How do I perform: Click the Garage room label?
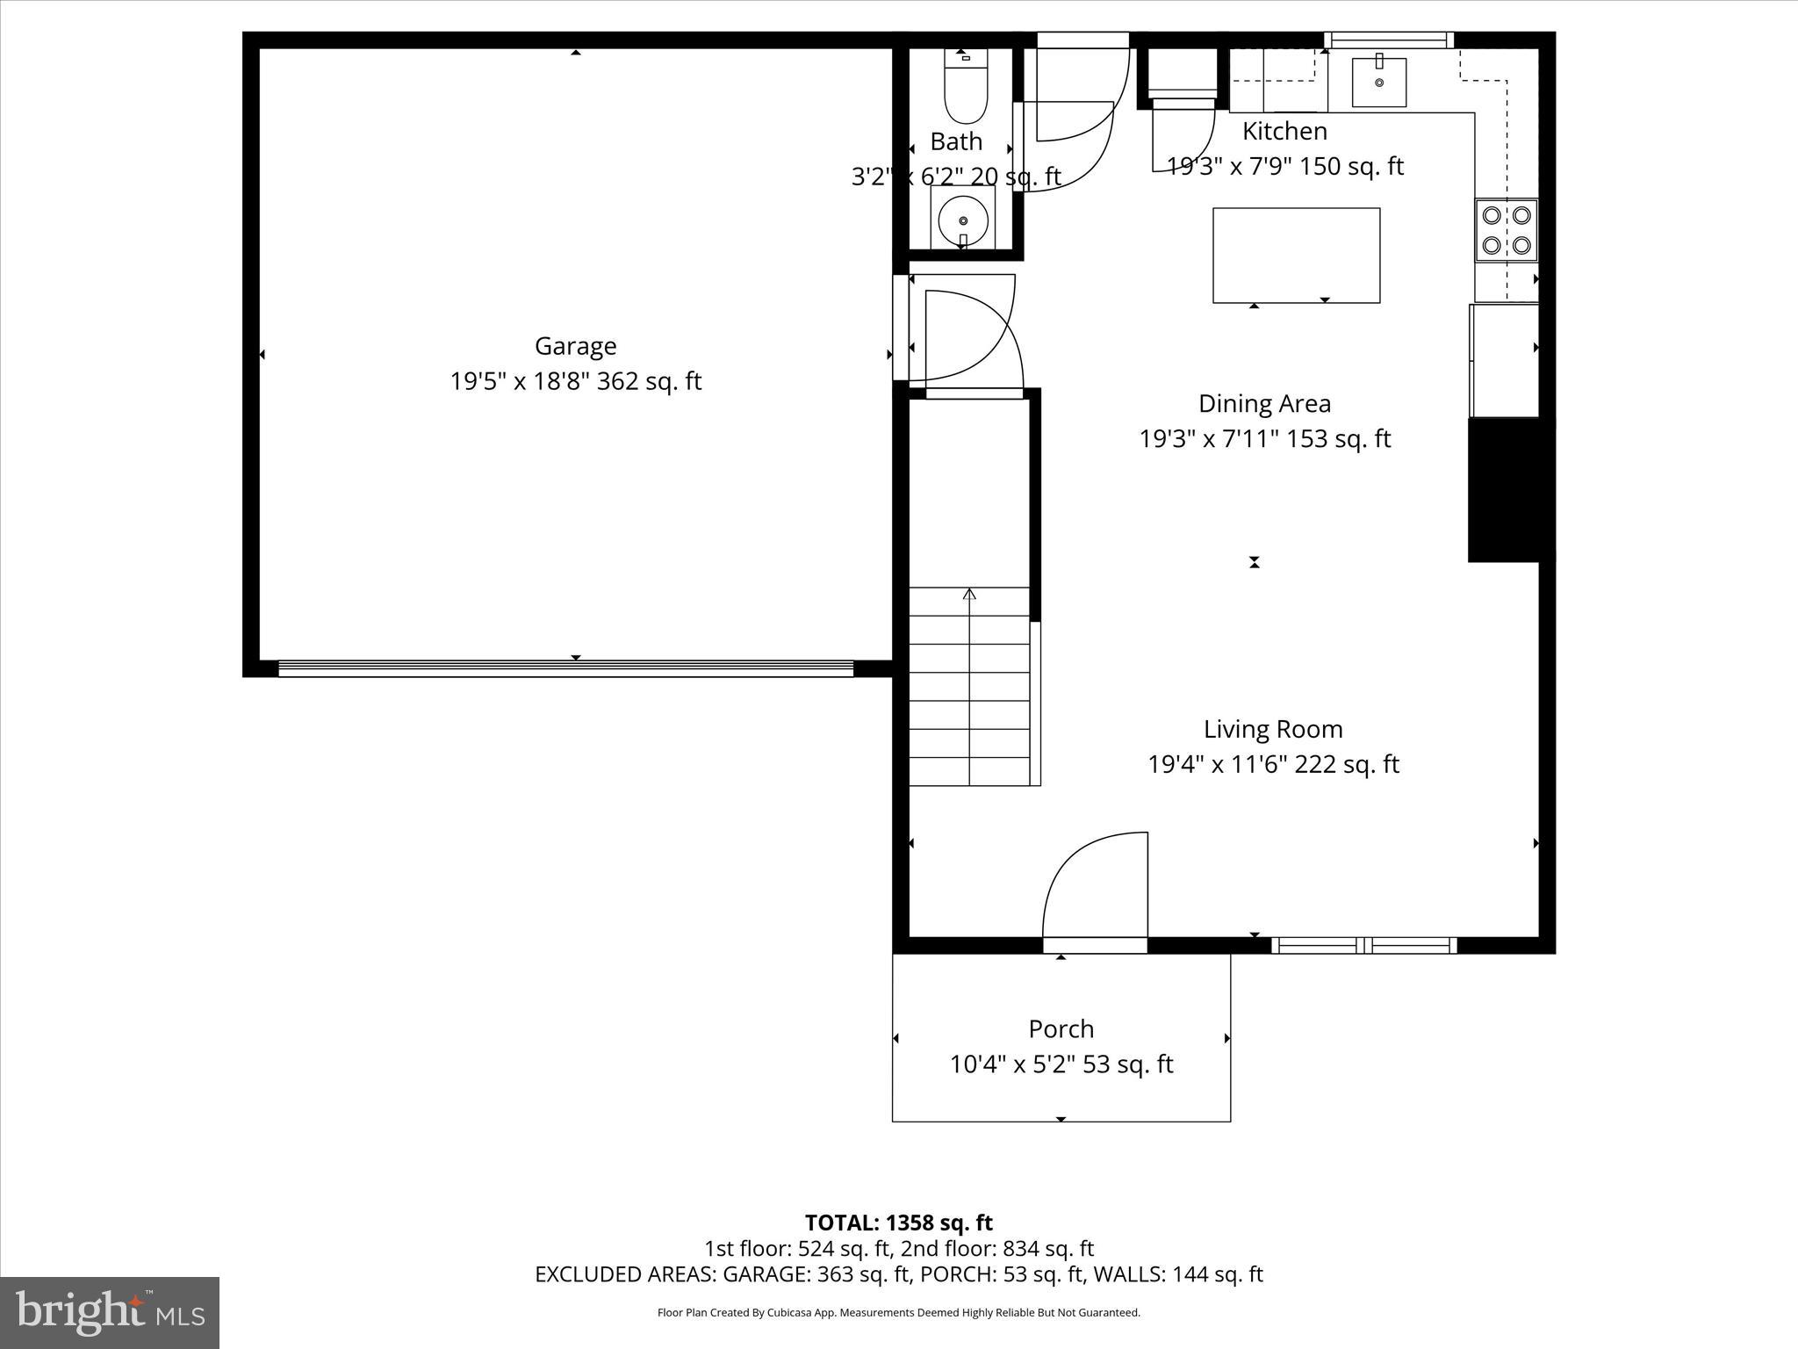click(x=575, y=346)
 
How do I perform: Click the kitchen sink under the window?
click(x=1378, y=82)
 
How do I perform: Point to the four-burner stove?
click(x=1506, y=230)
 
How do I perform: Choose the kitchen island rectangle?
click(x=1296, y=255)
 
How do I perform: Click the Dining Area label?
click(x=1264, y=404)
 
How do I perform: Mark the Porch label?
click(x=1061, y=1028)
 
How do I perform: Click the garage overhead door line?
click(x=566, y=668)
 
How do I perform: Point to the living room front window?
click(x=1363, y=945)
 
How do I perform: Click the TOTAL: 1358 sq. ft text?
click(x=898, y=1223)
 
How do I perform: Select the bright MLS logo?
click(x=110, y=1312)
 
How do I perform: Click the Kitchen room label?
click(x=1284, y=132)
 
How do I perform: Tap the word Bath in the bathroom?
click(x=956, y=141)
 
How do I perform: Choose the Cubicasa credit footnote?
click(x=898, y=1313)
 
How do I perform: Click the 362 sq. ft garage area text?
click(x=650, y=381)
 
